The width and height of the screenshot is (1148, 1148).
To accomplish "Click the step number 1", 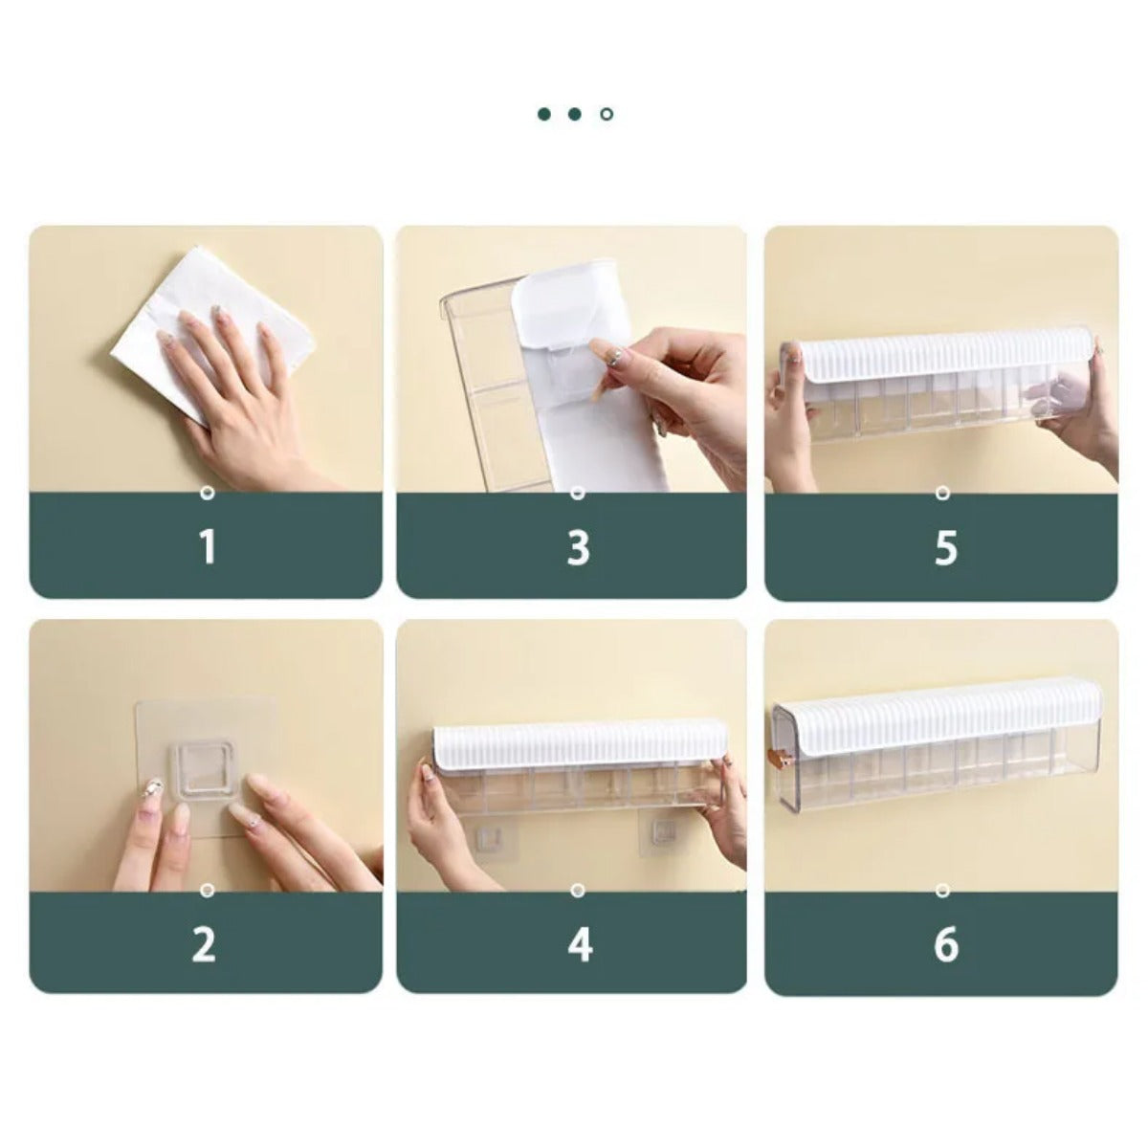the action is point(207,547).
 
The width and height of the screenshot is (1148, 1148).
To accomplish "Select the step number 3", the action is point(577,547).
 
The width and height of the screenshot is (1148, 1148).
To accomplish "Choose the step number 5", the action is point(945,547).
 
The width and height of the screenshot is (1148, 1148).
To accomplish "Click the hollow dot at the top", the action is point(607,114).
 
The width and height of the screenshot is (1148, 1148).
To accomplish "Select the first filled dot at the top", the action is point(544,114).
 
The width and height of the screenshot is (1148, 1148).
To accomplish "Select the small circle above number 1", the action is point(207,494).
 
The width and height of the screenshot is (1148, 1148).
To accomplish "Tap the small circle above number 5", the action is point(942,494).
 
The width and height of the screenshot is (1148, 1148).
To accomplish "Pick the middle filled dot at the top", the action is point(575,114).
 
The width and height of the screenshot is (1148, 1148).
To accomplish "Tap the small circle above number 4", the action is point(576,890).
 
